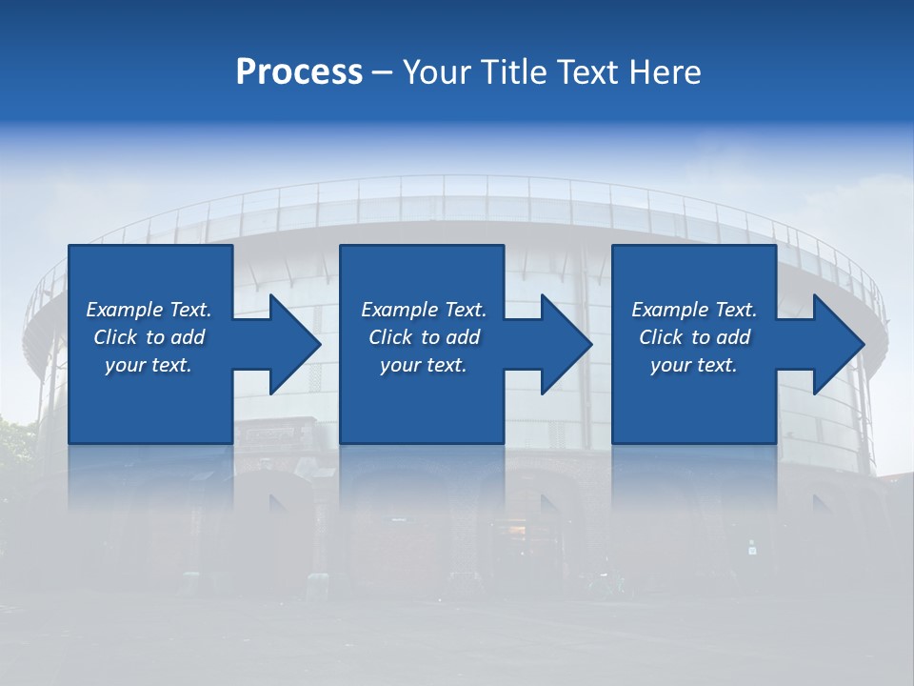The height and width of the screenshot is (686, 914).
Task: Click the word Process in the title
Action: (x=299, y=72)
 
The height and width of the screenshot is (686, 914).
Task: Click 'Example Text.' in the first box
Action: (x=149, y=310)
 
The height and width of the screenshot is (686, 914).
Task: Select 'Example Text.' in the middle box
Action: (x=424, y=310)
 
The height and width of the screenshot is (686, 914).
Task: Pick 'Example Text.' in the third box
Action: (x=694, y=310)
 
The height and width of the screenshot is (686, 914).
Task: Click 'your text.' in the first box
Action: (x=149, y=365)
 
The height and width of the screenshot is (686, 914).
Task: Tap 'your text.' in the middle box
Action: (x=424, y=365)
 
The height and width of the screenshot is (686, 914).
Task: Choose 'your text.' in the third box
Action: (x=694, y=365)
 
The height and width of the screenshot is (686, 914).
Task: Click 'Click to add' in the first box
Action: (x=149, y=337)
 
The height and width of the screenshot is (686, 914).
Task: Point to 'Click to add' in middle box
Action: (x=424, y=337)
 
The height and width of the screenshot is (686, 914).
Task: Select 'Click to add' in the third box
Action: (x=694, y=337)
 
